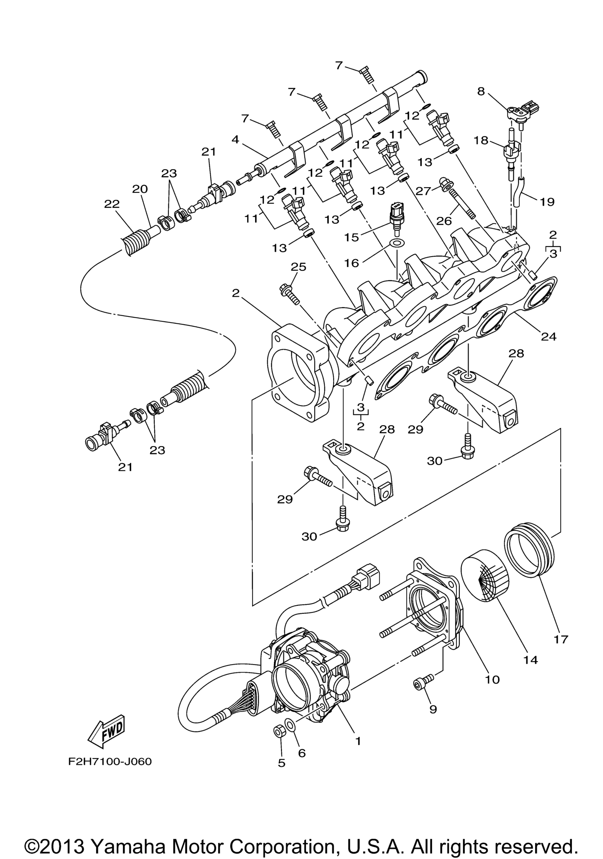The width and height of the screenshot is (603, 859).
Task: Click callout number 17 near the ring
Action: (561, 639)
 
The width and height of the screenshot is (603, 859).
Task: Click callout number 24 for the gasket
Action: (548, 337)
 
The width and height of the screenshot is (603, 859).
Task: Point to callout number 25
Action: (299, 267)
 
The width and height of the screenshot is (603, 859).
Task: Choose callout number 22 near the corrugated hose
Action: (112, 204)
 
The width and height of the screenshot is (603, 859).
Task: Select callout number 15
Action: (352, 237)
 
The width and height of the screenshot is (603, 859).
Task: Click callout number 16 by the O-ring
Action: (352, 263)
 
